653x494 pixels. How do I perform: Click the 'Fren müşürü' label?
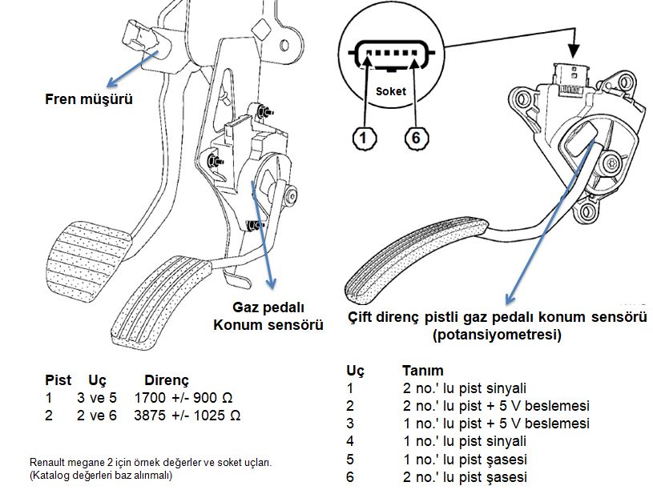pos(89,99)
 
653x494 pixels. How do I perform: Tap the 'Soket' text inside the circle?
pos(391,91)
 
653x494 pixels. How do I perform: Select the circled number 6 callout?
pos(417,138)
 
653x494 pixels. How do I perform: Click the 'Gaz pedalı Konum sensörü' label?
pos(268,316)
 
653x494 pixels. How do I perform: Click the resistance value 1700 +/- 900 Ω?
pos(183,398)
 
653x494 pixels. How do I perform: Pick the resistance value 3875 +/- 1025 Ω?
pos(187,416)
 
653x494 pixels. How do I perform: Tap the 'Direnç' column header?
pos(167,380)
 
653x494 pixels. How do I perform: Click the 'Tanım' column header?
pos(423,370)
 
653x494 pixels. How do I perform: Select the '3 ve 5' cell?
pos(97,398)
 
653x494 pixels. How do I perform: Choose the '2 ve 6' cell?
pos(97,416)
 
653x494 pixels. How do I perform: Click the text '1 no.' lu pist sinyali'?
pos(465,441)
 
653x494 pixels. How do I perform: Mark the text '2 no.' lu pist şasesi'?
pos(465,477)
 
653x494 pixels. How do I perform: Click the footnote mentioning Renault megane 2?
pos(151,468)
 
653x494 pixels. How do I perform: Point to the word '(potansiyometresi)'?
pos(498,335)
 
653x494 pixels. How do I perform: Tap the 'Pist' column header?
pos(58,380)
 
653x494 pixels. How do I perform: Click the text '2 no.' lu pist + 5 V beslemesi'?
pos(496,406)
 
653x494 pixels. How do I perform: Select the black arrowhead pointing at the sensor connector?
pos(574,51)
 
